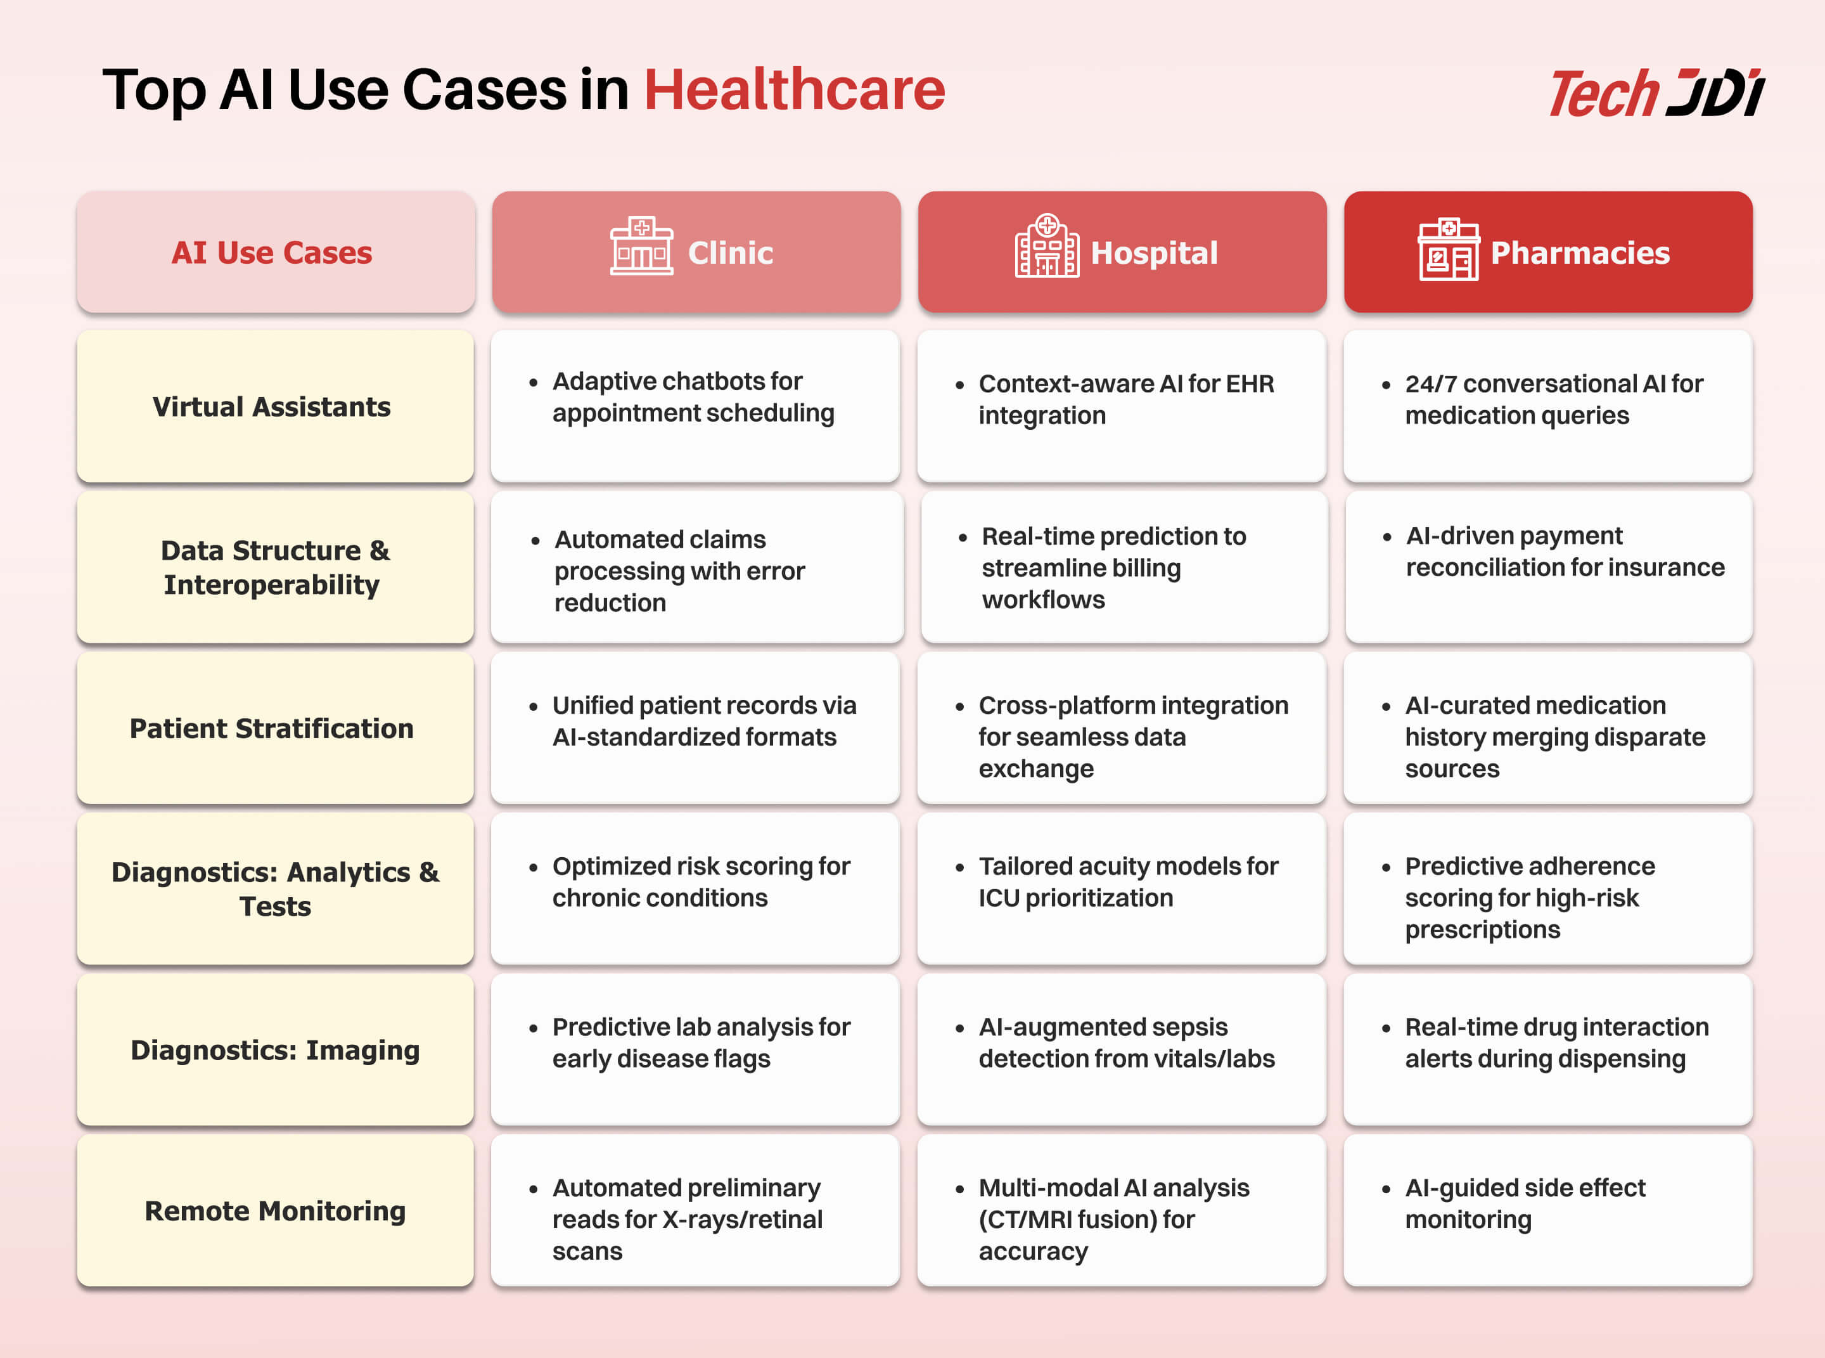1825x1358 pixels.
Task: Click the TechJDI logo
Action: [1656, 93]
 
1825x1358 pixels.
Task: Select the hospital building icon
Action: [1047, 246]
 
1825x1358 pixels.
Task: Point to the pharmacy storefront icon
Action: [1449, 249]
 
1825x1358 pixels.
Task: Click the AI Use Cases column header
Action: [275, 252]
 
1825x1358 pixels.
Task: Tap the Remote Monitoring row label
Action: [275, 1210]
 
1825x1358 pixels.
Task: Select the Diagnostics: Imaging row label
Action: [275, 1050]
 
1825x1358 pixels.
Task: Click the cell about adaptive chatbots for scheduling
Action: [695, 406]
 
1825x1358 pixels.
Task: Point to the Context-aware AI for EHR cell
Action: [1122, 406]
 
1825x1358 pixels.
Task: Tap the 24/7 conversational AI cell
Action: [1548, 406]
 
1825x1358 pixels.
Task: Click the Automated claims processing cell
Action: [697, 567]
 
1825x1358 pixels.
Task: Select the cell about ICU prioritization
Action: [1122, 889]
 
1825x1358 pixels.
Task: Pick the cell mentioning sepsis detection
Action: [1122, 1050]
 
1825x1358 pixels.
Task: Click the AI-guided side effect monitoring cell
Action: [1548, 1210]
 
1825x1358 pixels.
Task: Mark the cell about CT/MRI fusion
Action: [1122, 1210]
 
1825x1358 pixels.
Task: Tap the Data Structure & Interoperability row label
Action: [275, 567]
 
